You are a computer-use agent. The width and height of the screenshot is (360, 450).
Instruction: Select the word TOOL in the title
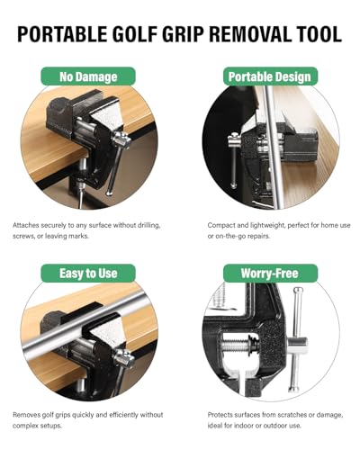(318, 35)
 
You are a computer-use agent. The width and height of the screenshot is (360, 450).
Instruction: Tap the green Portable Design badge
(269, 77)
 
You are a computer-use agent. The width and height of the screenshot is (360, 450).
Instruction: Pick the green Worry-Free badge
(269, 272)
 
